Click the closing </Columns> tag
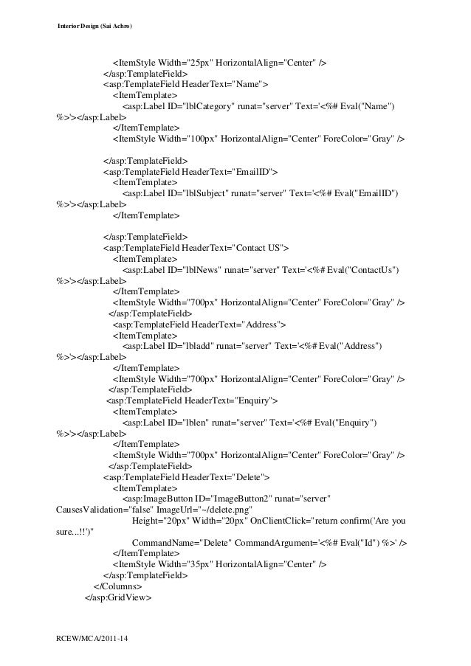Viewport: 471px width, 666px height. pos(118,586)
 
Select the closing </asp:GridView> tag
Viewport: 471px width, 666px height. pos(118,597)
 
